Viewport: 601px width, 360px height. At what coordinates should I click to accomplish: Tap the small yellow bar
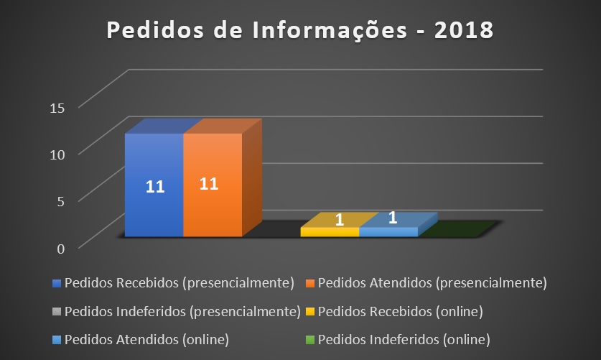click(330, 231)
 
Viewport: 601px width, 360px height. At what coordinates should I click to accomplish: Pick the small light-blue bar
click(388, 231)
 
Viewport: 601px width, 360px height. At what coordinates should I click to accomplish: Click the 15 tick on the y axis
click(57, 108)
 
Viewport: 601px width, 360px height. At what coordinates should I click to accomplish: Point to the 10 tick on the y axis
click(57, 154)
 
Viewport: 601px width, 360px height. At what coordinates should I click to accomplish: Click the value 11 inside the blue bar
click(156, 187)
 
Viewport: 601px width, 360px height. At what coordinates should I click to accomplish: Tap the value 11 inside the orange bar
click(209, 183)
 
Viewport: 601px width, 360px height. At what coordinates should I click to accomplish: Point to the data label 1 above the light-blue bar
click(393, 216)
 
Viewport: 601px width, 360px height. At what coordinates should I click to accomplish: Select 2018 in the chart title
click(463, 31)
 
